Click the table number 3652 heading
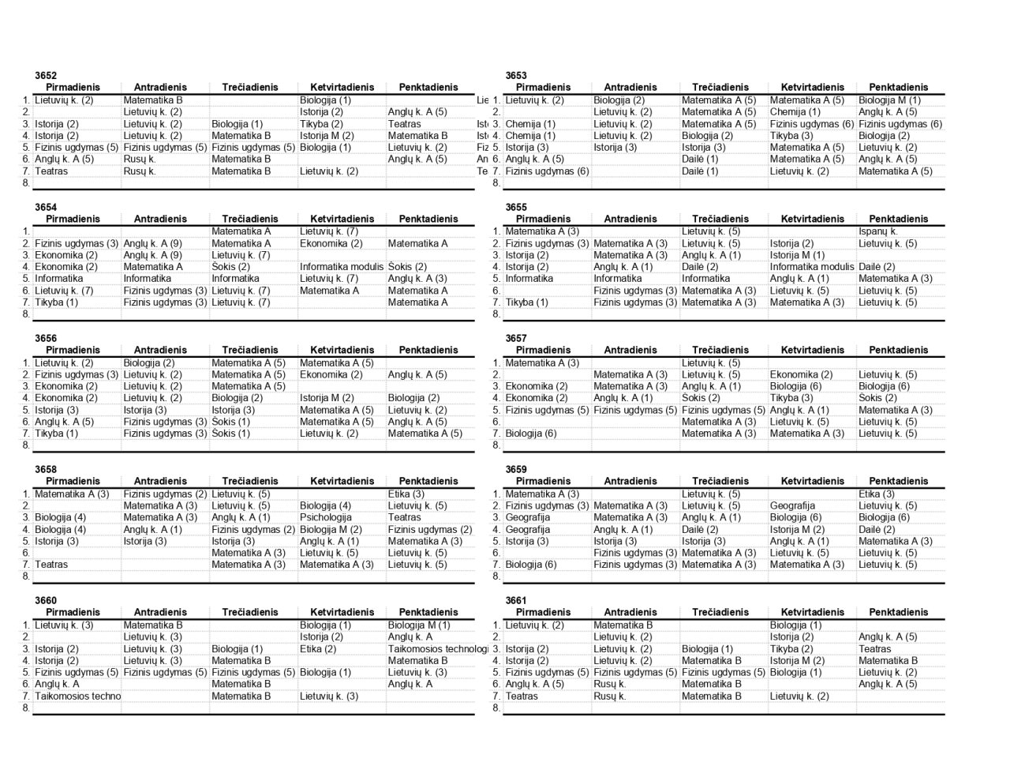point(46,76)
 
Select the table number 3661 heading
point(516,601)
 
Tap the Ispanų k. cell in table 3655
point(878,231)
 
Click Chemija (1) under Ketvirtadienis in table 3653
point(795,112)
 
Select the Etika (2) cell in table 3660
point(318,649)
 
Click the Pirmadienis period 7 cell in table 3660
point(77,697)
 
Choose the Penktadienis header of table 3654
point(428,220)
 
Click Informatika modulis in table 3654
point(342,267)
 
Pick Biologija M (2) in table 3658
point(331,530)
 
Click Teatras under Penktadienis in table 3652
point(405,124)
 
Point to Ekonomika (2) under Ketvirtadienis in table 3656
point(331,375)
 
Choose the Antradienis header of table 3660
point(160,613)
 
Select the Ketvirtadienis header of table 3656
point(342,351)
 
